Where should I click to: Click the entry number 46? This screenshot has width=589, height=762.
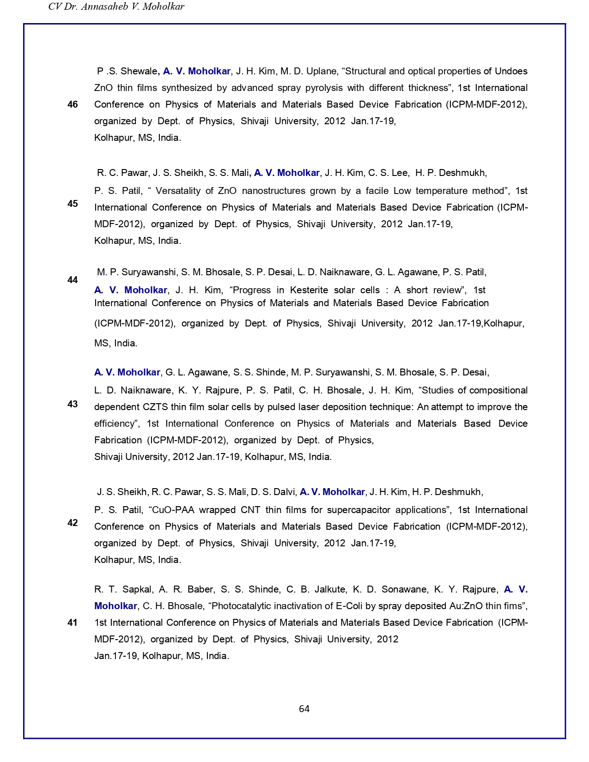click(73, 104)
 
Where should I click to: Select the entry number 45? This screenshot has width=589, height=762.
click(73, 204)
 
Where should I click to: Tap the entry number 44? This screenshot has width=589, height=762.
click(73, 280)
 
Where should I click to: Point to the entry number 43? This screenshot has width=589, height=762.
click(73, 404)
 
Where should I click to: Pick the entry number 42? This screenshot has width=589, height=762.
click(73, 523)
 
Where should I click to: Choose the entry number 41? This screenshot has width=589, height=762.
click(73, 623)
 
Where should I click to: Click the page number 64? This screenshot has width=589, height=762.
click(304, 709)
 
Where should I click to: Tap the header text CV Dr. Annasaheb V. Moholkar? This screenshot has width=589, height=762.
click(116, 6)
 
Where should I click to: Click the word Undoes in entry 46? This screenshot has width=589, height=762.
click(511, 71)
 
